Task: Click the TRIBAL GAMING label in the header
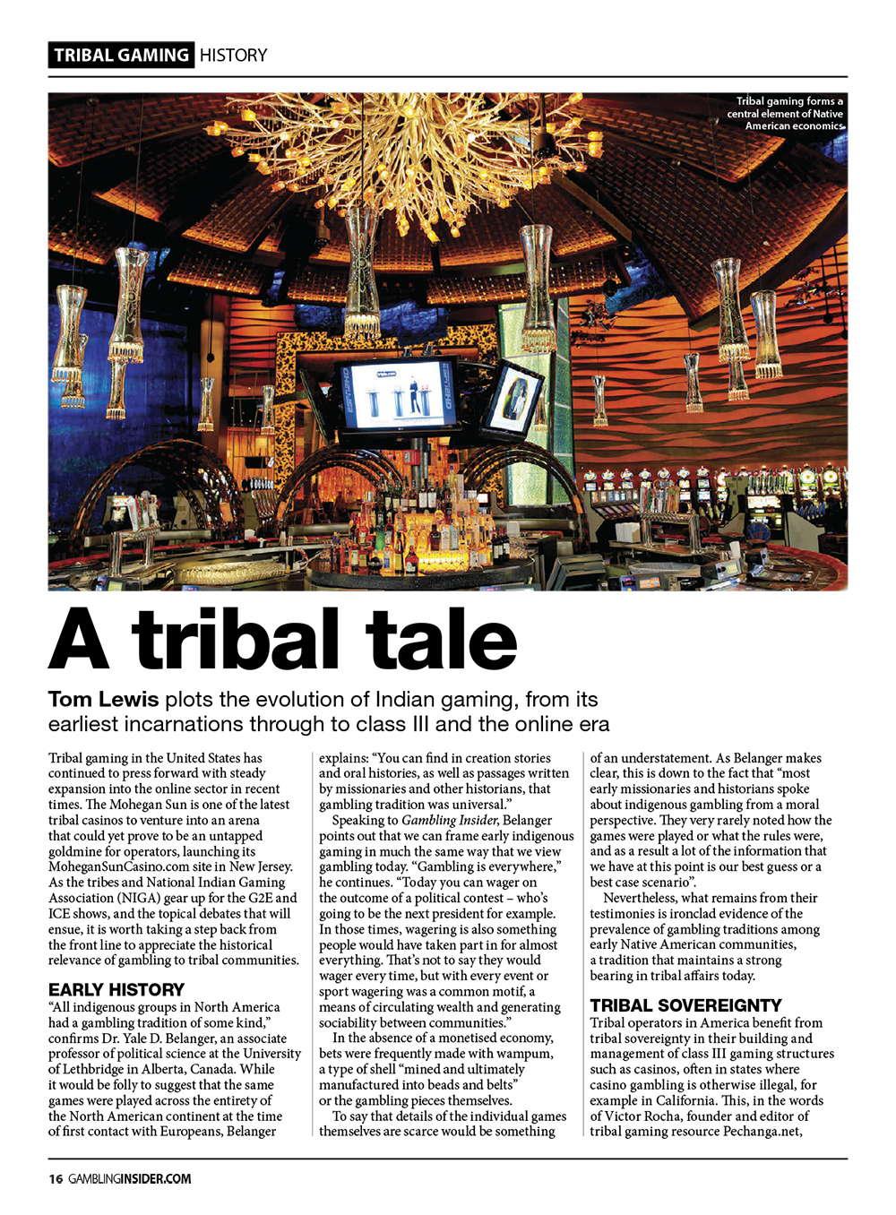tap(121, 55)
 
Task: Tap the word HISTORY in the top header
tap(233, 55)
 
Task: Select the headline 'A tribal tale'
tap(283, 639)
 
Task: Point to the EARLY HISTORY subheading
tap(116, 989)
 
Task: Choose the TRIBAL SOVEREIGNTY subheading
tap(685, 1005)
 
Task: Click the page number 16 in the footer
tap(55, 1179)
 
